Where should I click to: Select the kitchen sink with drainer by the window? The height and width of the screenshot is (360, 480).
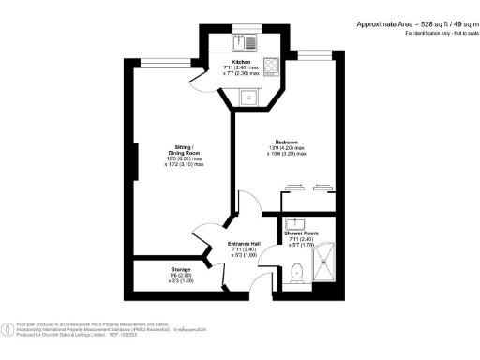[x=247, y=42]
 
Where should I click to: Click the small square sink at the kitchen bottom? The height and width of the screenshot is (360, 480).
[x=248, y=94]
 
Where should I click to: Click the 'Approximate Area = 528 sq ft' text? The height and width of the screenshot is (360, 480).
[x=398, y=22]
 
